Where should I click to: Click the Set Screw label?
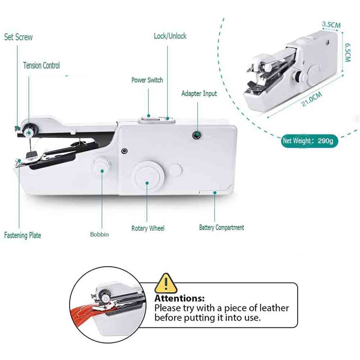coord(18,37)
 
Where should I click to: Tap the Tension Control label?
coord(41,66)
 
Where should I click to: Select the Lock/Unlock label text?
coord(170,36)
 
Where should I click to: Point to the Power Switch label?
coord(147,80)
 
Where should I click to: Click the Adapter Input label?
coord(199,94)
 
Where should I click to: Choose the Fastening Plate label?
coord(22,235)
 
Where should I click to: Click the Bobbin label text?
coord(99,234)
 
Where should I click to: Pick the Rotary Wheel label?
coord(148,228)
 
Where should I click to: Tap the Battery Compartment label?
coord(221,228)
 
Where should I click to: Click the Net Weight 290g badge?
coord(310,140)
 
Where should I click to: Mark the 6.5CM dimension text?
coord(347,53)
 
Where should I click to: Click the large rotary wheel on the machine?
coord(147,176)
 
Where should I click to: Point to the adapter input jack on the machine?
coord(197,135)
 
